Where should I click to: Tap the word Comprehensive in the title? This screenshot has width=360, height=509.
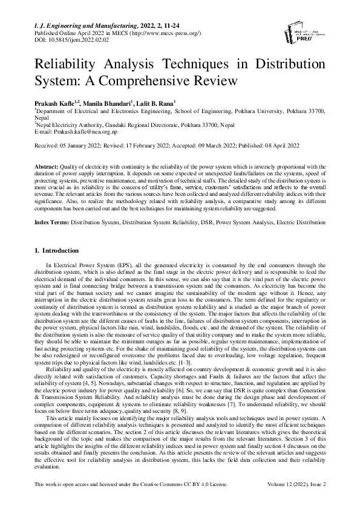[x=185, y=80]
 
